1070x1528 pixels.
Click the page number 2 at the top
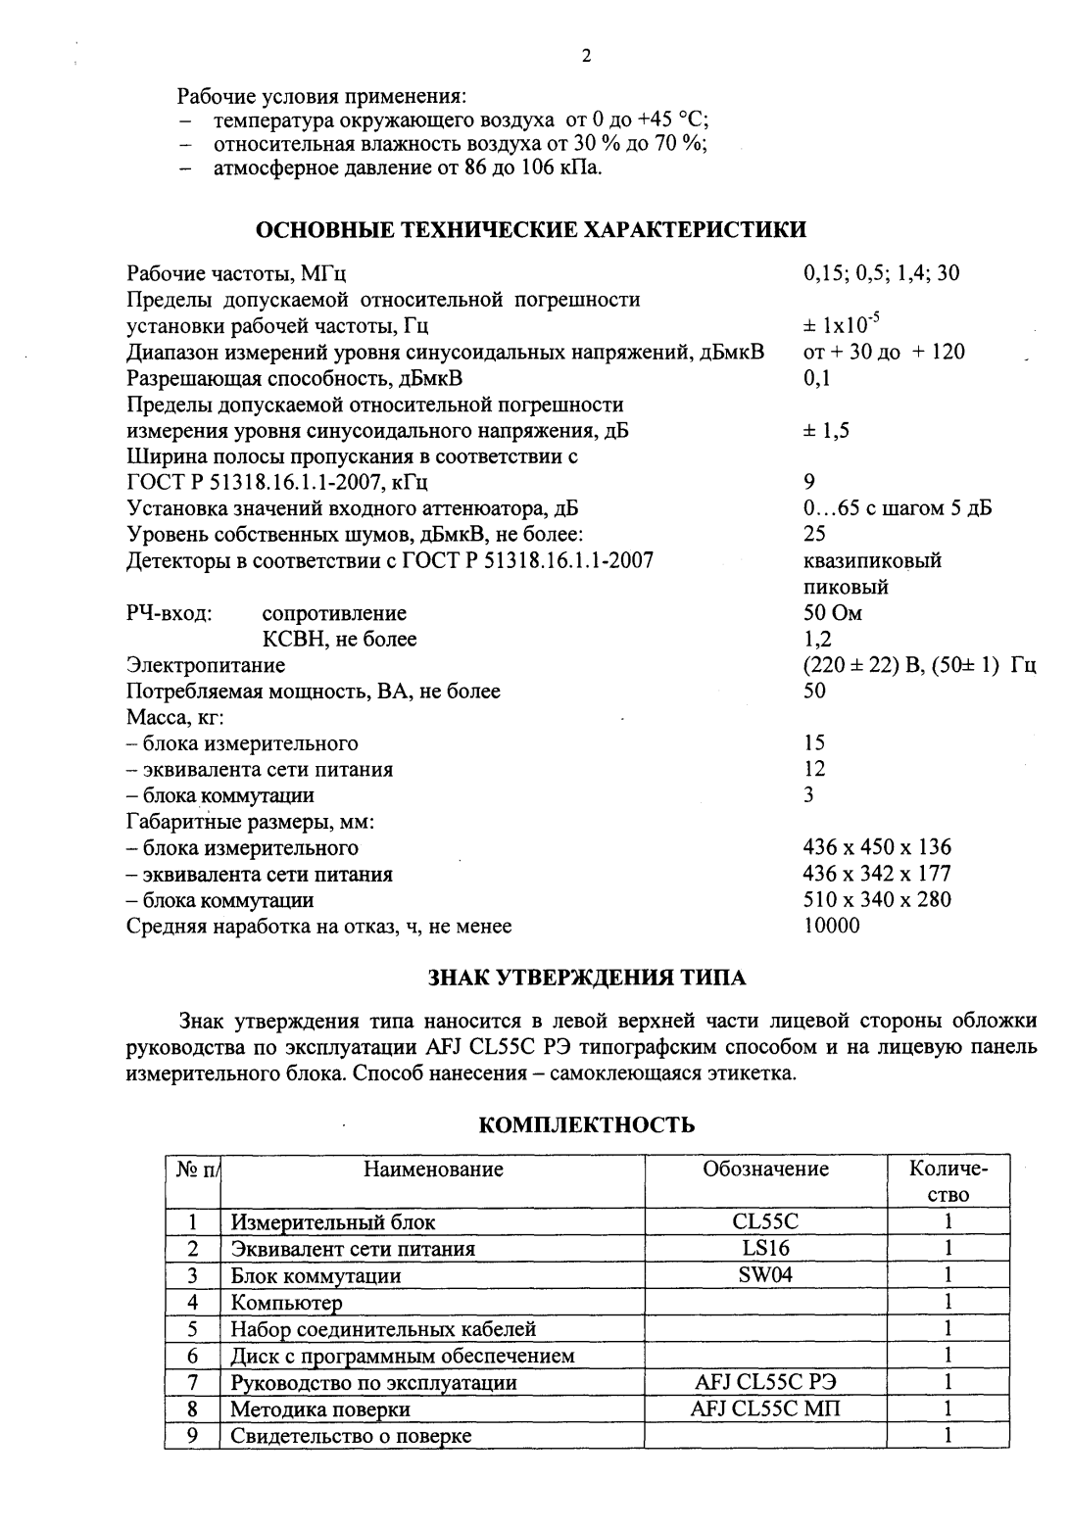coord(586,56)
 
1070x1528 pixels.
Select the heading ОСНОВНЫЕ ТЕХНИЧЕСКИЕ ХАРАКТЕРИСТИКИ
coord(531,230)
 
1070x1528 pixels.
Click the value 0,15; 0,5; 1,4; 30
coord(881,273)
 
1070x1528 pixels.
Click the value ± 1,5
coord(826,430)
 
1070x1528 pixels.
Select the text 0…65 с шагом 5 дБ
coord(897,508)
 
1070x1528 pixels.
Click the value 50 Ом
coord(832,613)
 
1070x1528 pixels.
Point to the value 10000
coord(831,926)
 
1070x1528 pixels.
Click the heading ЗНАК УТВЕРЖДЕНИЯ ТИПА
coord(587,978)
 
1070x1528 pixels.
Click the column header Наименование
coord(433,1169)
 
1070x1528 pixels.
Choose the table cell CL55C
coord(765,1221)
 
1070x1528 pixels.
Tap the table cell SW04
coord(765,1275)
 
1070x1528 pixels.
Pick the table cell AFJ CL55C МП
coord(765,1409)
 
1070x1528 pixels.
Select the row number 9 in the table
coord(193,1435)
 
